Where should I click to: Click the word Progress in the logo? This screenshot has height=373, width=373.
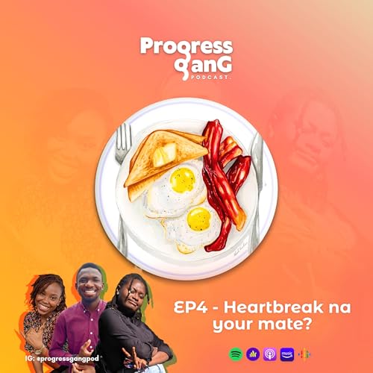186,46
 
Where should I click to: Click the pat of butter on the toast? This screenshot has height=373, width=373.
165,154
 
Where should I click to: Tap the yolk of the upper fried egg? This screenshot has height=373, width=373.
182,179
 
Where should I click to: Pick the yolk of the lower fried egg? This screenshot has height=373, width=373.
198,218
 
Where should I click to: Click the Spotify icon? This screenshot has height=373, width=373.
235,353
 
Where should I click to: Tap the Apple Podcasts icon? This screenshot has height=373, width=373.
269,353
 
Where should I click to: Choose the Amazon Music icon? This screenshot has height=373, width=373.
287,353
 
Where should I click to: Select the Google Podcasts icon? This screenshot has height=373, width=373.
304,353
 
